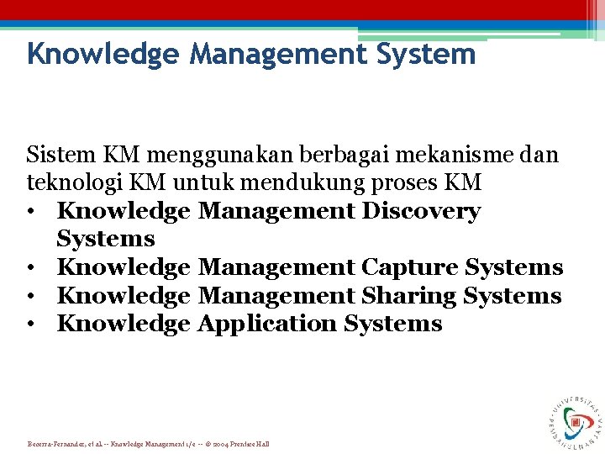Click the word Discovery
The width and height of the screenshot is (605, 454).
[421, 211]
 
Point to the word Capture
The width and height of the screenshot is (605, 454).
[409, 267]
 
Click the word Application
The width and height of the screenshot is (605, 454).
[266, 324]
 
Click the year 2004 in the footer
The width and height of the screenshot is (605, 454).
[224, 443]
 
